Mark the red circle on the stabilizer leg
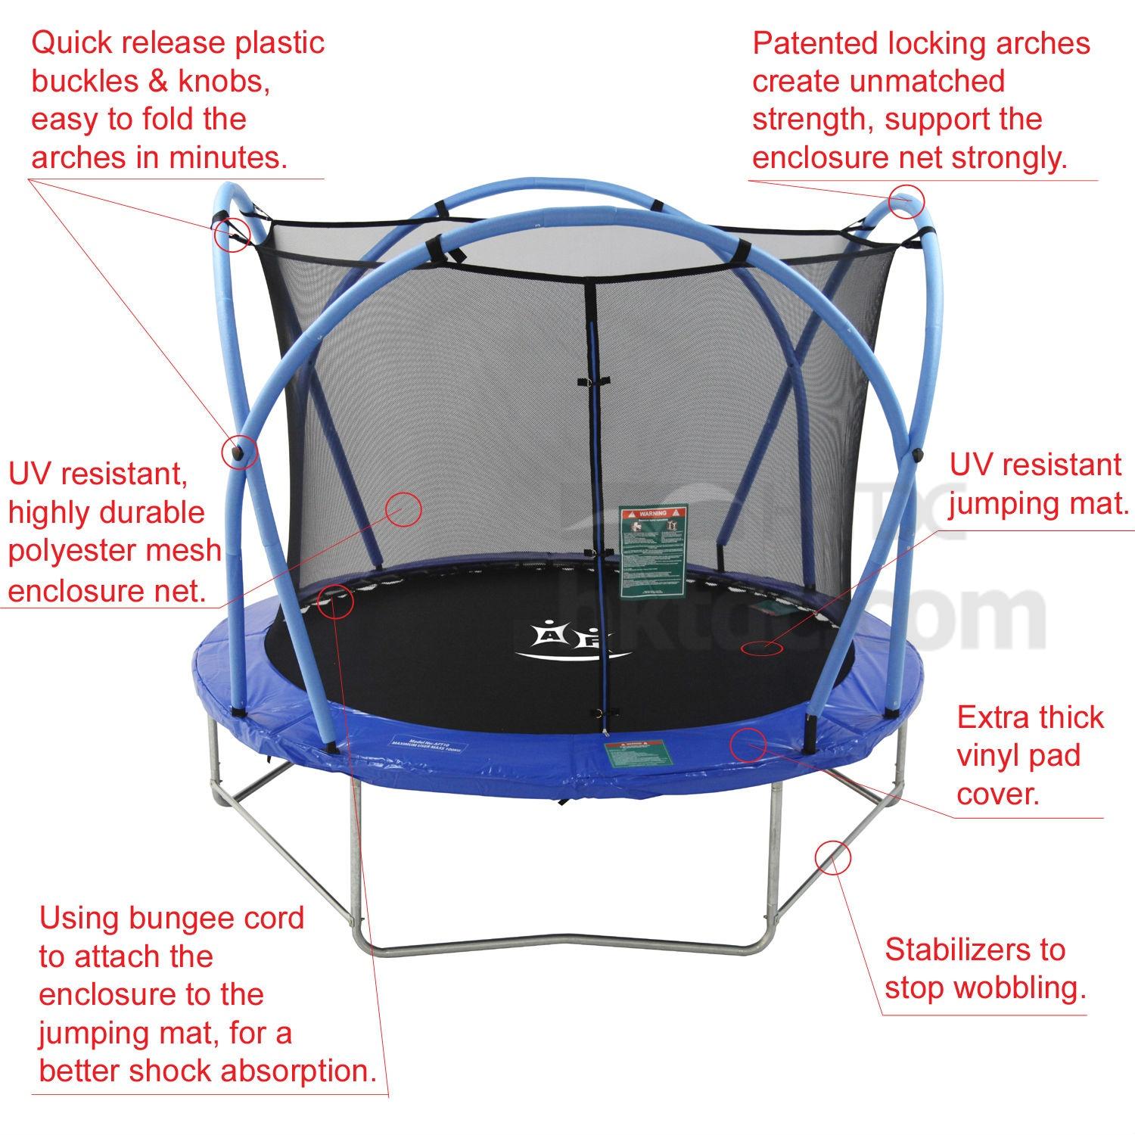click(x=832, y=857)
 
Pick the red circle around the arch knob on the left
click(x=239, y=452)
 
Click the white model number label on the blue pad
click(x=426, y=745)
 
